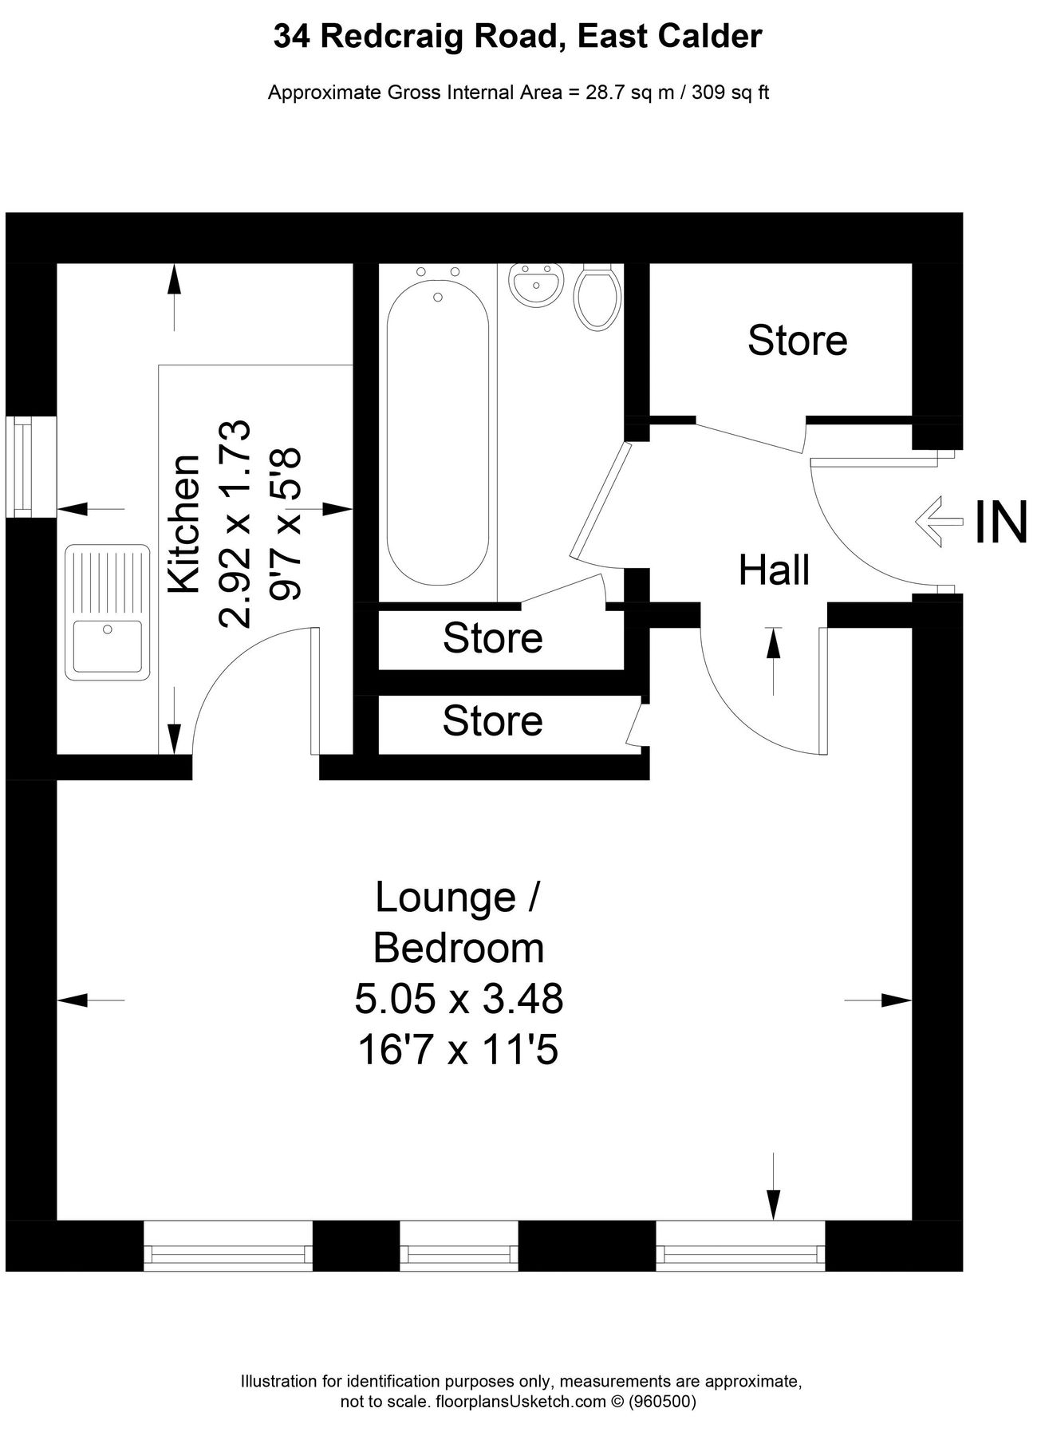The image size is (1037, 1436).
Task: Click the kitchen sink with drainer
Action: coord(108,612)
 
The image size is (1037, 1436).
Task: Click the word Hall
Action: coord(774,570)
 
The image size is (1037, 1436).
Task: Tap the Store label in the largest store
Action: coord(797,341)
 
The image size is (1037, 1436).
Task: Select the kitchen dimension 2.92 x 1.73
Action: coord(236,524)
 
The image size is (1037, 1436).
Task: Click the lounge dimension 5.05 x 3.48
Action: coord(459,999)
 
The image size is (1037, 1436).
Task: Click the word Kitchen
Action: coord(185,524)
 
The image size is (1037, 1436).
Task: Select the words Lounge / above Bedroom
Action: coord(459,897)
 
